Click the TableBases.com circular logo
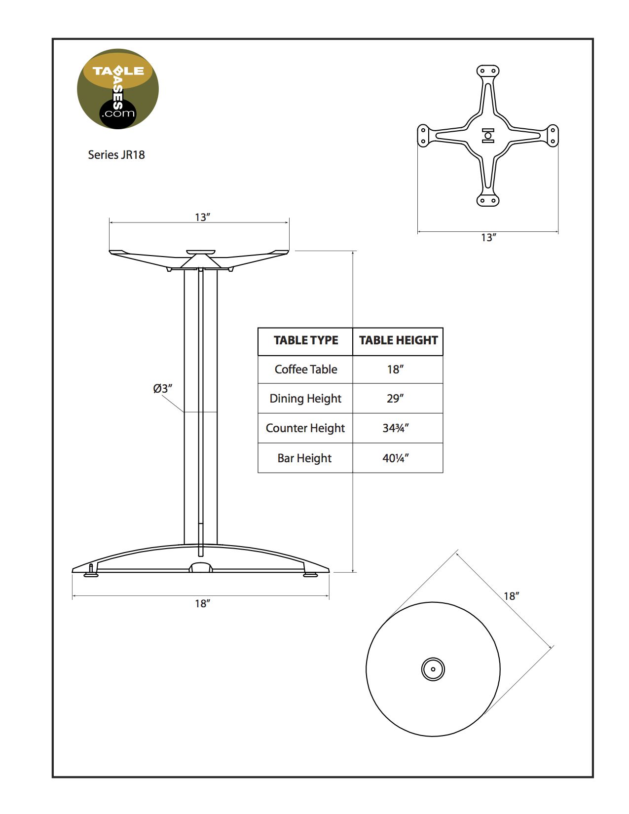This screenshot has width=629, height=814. click(117, 89)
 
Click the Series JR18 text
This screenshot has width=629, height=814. click(116, 155)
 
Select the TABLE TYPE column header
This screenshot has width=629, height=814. click(306, 340)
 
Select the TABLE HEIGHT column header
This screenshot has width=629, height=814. click(398, 340)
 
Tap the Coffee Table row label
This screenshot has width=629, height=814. click(306, 370)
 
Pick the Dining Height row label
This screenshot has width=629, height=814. click(305, 399)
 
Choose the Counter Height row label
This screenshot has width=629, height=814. click(305, 428)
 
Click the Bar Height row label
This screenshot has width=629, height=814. click(304, 458)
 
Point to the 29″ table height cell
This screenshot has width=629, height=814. click(395, 398)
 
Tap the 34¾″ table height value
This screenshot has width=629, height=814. click(395, 428)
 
